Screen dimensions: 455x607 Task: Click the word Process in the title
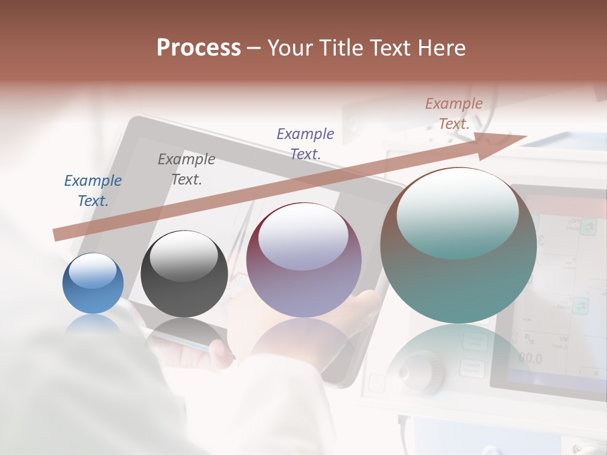click(199, 47)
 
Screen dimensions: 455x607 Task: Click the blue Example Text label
click(93, 191)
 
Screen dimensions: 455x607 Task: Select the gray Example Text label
click(187, 169)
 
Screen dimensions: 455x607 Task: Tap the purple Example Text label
click(305, 143)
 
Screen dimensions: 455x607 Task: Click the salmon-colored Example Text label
click(454, 114)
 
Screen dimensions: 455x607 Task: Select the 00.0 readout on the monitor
click(530, 359)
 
